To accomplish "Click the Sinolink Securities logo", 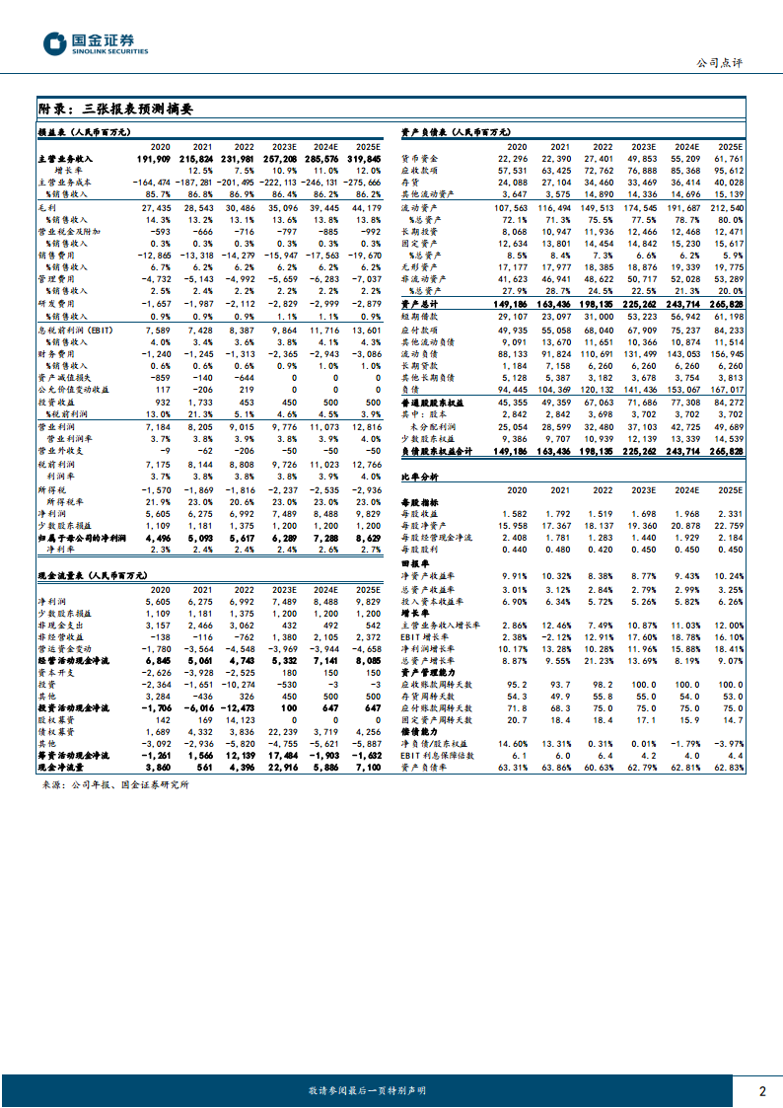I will point(95,43).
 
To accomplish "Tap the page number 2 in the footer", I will point(761,1090).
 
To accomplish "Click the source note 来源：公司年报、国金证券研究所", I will point(115,784).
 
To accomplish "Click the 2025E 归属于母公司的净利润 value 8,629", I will point(365,539).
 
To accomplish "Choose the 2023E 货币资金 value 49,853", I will point(643,158).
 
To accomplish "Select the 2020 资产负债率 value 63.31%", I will point(513,766).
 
